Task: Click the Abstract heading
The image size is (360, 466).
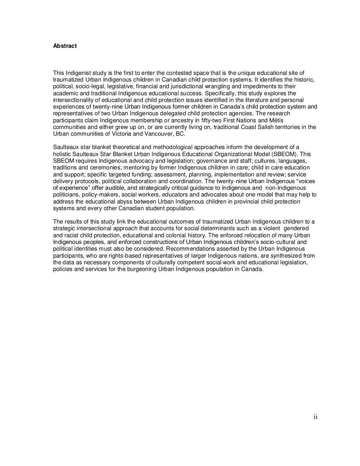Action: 65,46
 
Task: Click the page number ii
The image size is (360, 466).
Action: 315,417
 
